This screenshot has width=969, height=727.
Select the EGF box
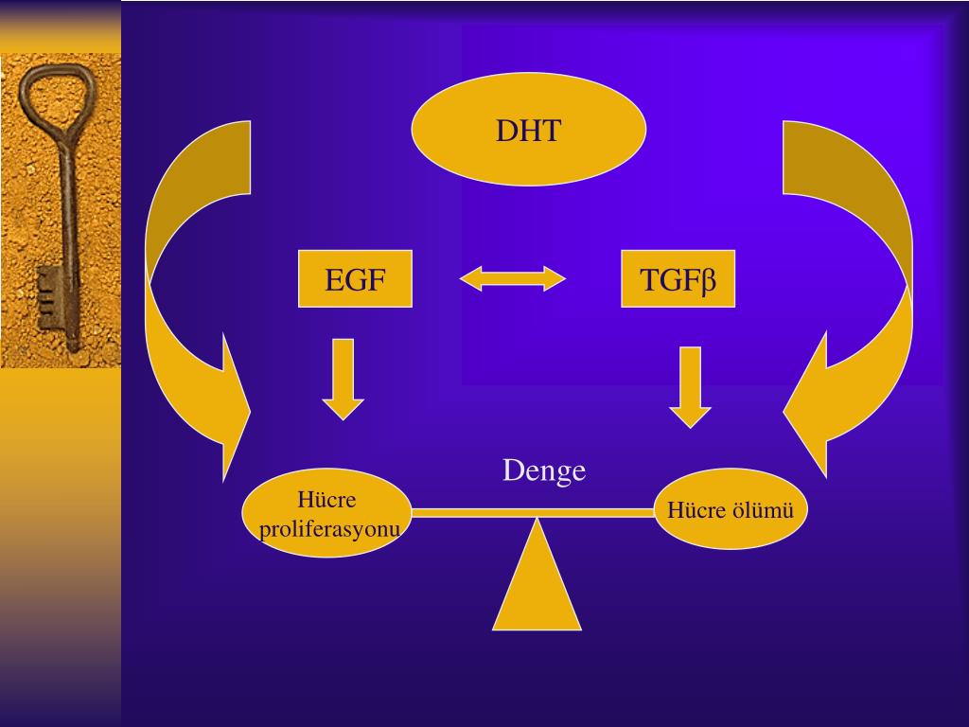click(355, 279)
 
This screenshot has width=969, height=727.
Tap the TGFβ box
click(678, 279)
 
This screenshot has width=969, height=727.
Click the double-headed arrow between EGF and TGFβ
click(512, 278)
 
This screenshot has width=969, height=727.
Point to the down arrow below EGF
click(344, 379)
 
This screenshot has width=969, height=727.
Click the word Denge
click(544, 470)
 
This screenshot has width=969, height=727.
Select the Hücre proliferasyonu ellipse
click(327, 513)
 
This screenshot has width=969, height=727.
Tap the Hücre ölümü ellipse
click(730, 509)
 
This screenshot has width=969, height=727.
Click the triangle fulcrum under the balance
click(537, 587)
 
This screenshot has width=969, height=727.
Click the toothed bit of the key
click(49, 294)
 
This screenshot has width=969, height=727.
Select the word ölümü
click(762, 510)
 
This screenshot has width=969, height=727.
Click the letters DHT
click(528, 131)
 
